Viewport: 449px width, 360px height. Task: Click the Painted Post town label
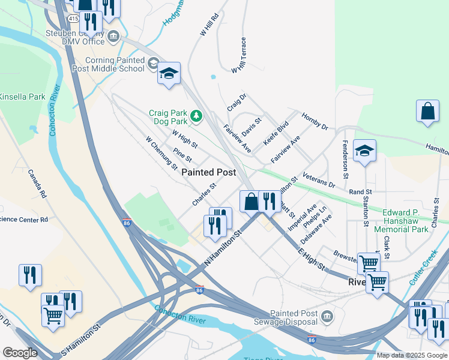pyautogui.click(x=209, y=172)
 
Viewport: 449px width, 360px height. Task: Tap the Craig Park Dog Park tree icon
pyautogui.click(x=196, y=115)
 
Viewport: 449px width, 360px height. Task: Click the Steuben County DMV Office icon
pyautogui.click(x=113, y=38)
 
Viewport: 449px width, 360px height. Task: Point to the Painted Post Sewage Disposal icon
pyautogui.click(x=327, y=316)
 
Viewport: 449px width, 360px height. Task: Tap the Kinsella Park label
pyautogui.click(x=22, y=97)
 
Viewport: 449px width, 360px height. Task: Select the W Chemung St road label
pyautogui.click(x=161, y=152)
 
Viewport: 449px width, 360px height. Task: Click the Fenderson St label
pyautogui.click(x=346, y=159)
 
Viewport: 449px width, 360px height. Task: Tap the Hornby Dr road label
pyautogui.click(x=315, y=122)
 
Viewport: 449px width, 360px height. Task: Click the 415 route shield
pyautogui.click(x=73, y=19)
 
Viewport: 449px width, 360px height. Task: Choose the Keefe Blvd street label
pyautogui.click(x=276, y=133)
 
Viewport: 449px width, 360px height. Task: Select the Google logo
pyautogui.click(x=20, y=353)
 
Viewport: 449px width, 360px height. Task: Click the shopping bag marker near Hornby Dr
pyautogui.click(x=427, y=111)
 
